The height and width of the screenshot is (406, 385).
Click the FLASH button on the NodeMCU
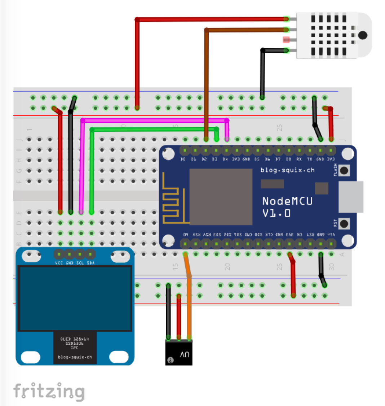pos(344,170)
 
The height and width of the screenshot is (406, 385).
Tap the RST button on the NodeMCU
pos(344,223)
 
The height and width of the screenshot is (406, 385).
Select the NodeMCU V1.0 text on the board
pos(287,207)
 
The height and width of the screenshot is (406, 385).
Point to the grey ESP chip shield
pos(221,197)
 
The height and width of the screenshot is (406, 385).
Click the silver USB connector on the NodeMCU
pos(351,197)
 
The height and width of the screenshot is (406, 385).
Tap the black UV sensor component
pos(178,353)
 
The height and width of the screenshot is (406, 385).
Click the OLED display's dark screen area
pos(75,298)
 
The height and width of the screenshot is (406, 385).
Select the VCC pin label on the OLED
pos(59,263)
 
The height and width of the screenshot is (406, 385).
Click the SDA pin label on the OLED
pos(91,263)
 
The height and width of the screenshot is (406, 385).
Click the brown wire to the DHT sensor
pos(207,83)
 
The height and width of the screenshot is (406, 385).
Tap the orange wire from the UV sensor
pos(189,307)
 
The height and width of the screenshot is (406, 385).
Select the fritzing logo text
pos(49,392)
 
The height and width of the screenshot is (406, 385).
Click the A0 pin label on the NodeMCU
pos(185,235)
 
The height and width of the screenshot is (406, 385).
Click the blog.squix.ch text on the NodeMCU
pos(287,170)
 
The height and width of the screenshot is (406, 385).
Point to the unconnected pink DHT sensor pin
pos(286,40)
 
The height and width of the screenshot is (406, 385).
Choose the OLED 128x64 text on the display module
pos(74,339)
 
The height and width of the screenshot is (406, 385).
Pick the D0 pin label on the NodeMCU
pos(183,159)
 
